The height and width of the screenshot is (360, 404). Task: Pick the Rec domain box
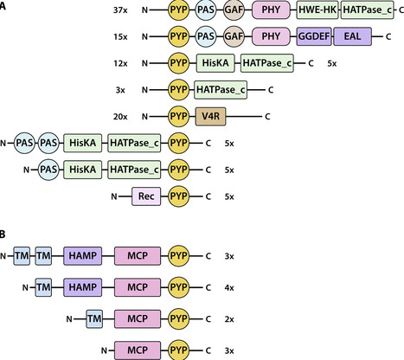pyautogui.click(x=145, y=196)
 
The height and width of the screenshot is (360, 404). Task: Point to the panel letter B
pyautogui.click(x=6, y=235)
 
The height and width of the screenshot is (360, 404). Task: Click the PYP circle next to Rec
pyautogui.click(x=180, y=196)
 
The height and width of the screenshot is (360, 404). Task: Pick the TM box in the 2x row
pyautogui.click(x=96, y=318)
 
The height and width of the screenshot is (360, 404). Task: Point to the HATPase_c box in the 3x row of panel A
pyautogui.click(x=221, y=89)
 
